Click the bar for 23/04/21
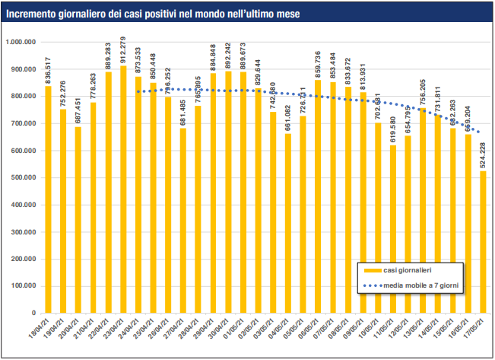pos(123,190)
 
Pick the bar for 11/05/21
pos(392,229)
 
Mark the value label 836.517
pos(49,71)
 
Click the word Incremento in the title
pos(32,14)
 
